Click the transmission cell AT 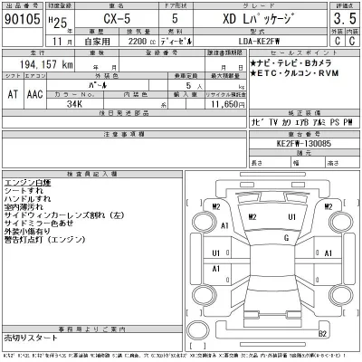pos(11,93)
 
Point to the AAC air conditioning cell pos(33,93)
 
